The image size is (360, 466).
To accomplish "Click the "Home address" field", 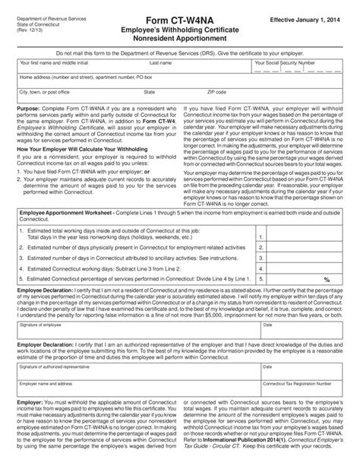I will (x=175, y=82).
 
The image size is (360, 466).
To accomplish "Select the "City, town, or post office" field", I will (x=76, y=97).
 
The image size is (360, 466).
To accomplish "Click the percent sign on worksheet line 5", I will (x=327, y=279).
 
